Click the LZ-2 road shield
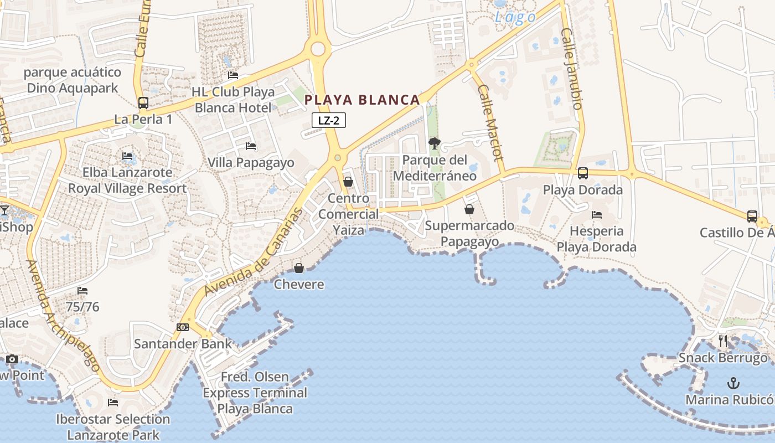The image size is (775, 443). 329,120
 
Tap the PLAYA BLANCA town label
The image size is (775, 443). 363,100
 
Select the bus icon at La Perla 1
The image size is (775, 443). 143,103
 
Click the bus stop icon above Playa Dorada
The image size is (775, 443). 583,173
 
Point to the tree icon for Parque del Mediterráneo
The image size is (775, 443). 435,144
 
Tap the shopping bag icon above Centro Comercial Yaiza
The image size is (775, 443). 348,182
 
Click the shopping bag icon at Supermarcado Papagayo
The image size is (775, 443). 469,209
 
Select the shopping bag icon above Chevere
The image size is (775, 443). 299,268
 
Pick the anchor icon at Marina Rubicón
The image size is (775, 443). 733,383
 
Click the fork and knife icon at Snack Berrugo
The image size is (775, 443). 723,341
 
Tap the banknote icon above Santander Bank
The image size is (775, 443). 183,327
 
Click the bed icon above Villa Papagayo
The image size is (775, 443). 251,146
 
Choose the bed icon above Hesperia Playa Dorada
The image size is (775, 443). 597,214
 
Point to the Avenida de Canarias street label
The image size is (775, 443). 255,252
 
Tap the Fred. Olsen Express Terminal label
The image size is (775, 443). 255,393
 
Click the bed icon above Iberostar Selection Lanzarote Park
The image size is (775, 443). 113,403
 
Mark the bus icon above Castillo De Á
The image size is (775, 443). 752,216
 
